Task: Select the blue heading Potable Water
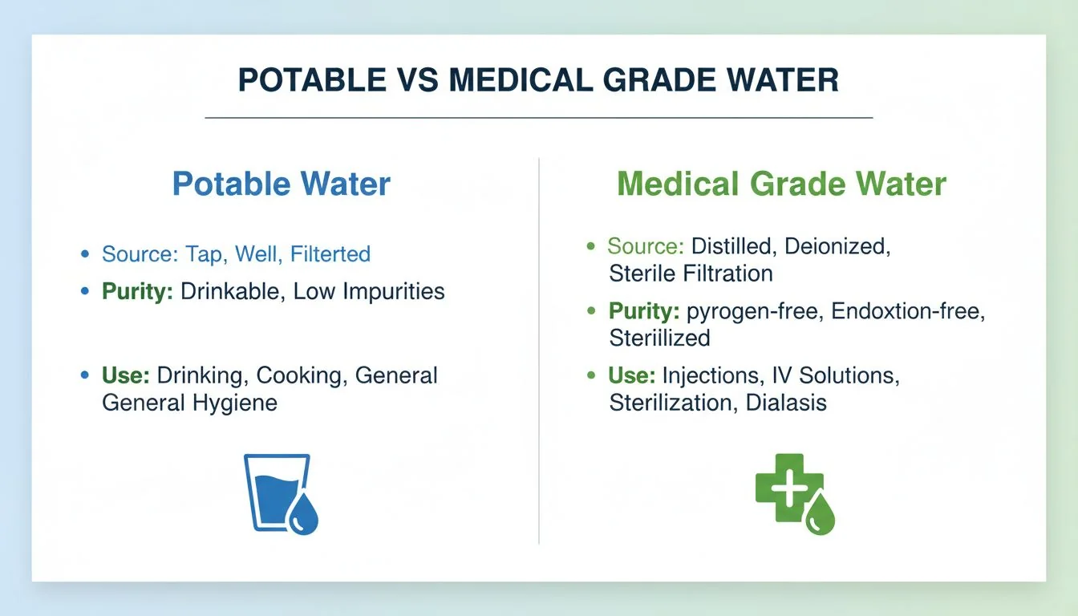[x=282, y=184]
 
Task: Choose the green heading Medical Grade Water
[x=781, y=184]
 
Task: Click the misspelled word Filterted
[x=330, y=254]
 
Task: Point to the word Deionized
[x=837, y=246]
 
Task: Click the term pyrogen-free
[x=755, y=311]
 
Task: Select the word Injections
[x=711, y=375]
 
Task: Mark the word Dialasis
[x=786, y=402]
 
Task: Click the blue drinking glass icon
[x=273, y=491]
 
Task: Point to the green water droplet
[x=820, y=515]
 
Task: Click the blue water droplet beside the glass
[x=305, y=515]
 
